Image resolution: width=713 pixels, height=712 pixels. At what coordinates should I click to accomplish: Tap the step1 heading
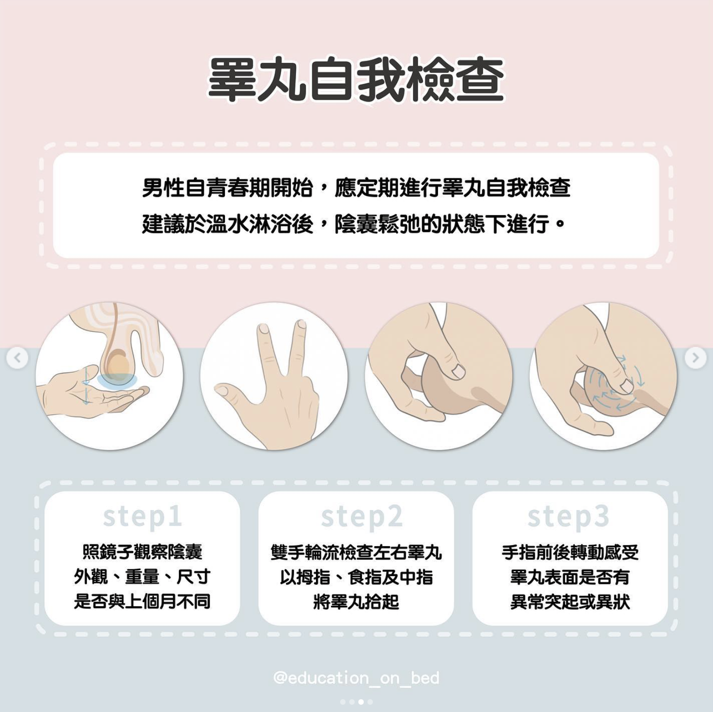[x=143, y=517]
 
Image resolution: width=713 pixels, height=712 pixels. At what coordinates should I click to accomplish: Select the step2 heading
[x=362, y=517]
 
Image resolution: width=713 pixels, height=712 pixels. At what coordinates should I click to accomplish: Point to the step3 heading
[x=568, y=517]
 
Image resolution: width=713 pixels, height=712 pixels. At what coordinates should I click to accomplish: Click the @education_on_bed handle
[x=356, y=678]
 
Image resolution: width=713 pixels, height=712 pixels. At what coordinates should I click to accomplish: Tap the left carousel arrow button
[x=17, y=358]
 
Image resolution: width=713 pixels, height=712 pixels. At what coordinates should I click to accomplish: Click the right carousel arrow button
[x=695, y=358]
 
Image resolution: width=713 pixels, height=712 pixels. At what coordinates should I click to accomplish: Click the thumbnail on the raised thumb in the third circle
[x=458, y=371]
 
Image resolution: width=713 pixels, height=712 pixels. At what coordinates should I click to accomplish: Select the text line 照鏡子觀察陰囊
[x=143, y=552]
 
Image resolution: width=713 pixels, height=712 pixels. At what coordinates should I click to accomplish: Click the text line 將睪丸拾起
[x=356, y=602]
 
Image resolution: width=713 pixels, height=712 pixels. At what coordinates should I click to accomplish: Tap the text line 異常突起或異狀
[x=570, y=602]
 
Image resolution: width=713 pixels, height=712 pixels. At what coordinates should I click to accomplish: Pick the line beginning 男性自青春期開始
[x=356, y=188]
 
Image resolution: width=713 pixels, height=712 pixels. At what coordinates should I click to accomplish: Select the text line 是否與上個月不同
[x=143, y=602]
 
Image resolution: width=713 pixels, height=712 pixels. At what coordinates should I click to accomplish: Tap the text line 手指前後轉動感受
[x=570, y=552]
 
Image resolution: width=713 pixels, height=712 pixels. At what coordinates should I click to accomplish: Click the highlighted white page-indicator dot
[x=361, y=702]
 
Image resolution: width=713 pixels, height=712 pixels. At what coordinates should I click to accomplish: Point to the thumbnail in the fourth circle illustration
[x=626, y=386]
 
